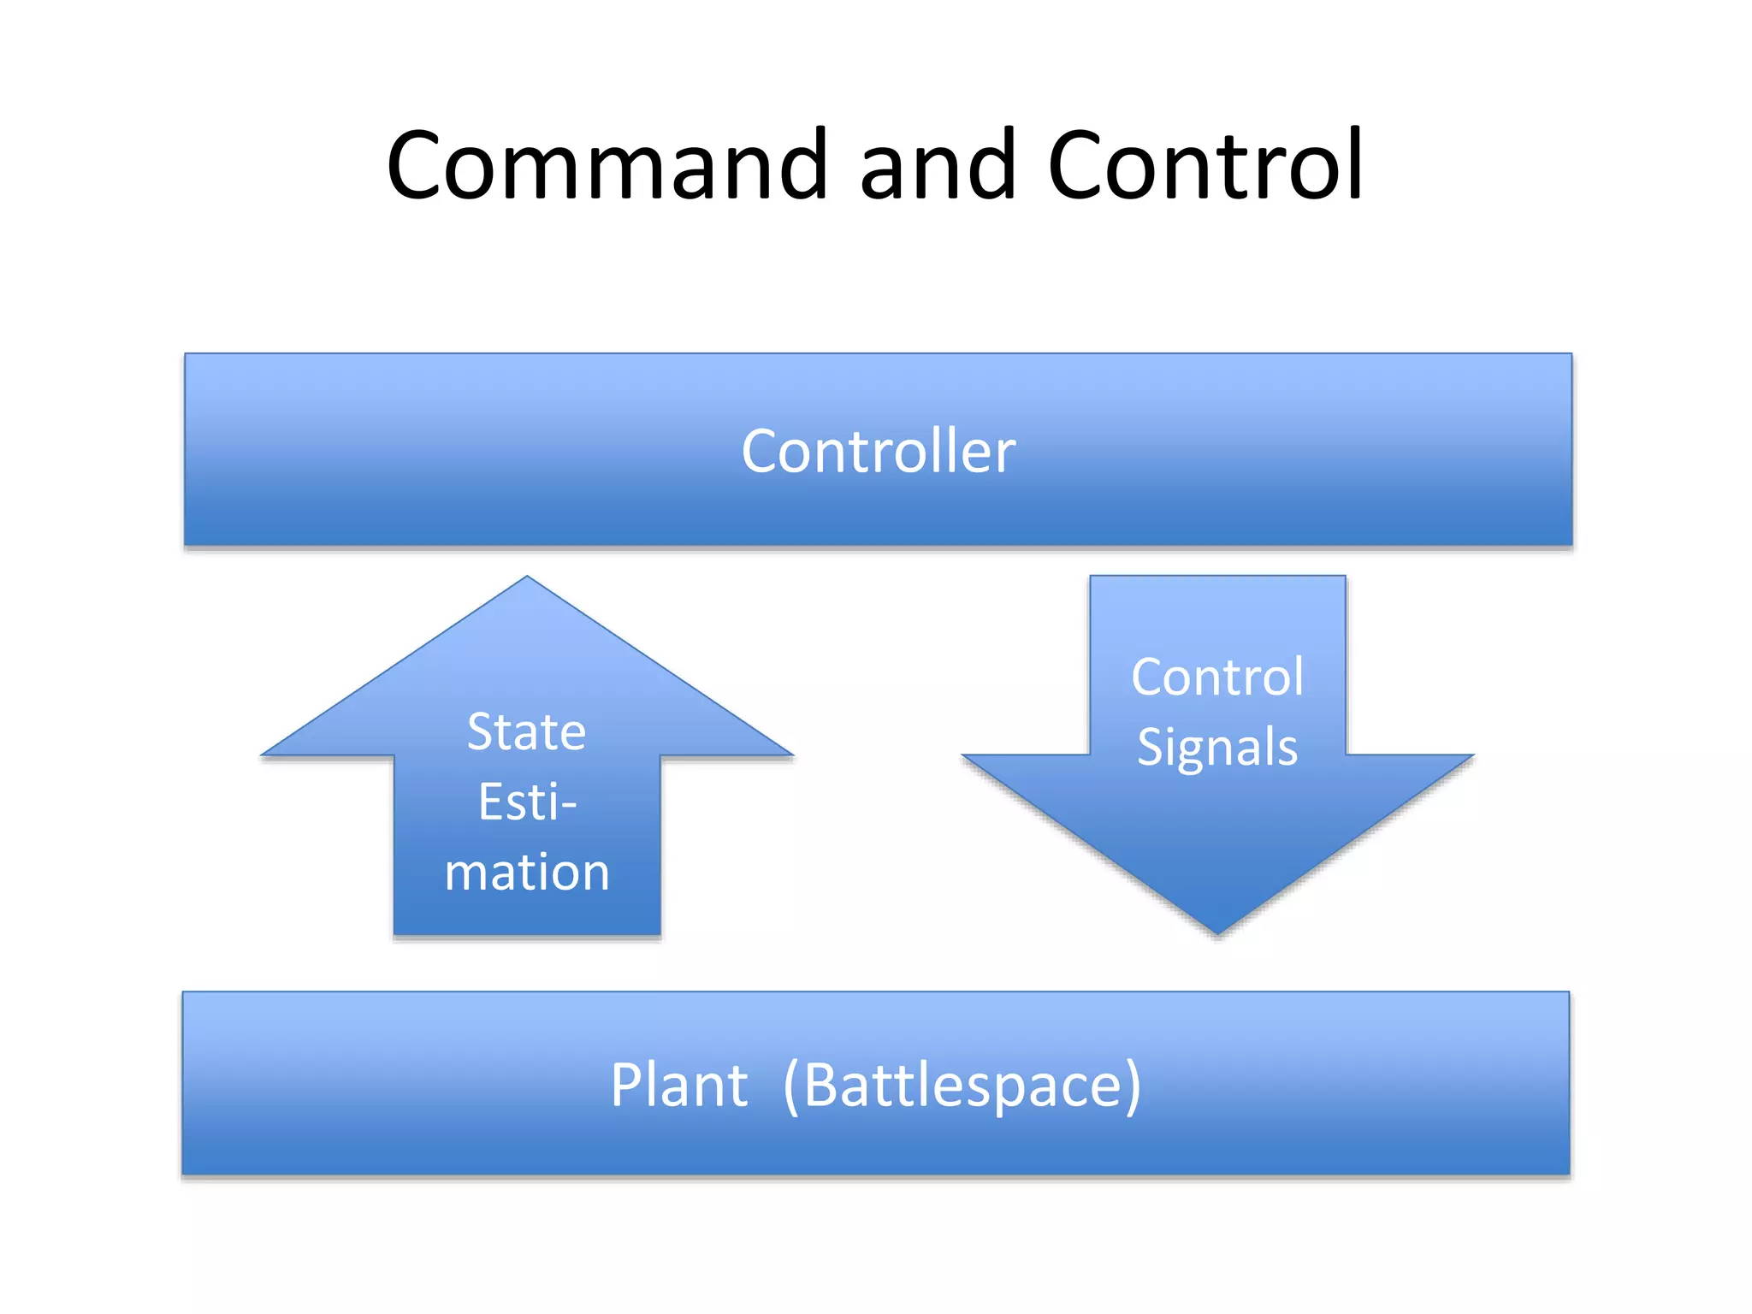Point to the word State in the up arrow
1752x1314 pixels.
pos(526,732)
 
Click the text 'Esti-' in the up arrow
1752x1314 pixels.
pos(527,802)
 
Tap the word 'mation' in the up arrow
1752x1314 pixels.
pos(527,873)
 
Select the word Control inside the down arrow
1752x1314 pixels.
pos(1217,677)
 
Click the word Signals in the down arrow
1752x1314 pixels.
pos(1217,747)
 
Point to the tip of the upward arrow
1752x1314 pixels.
pos(527,578)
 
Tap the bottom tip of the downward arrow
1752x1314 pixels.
pos(1217,932)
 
